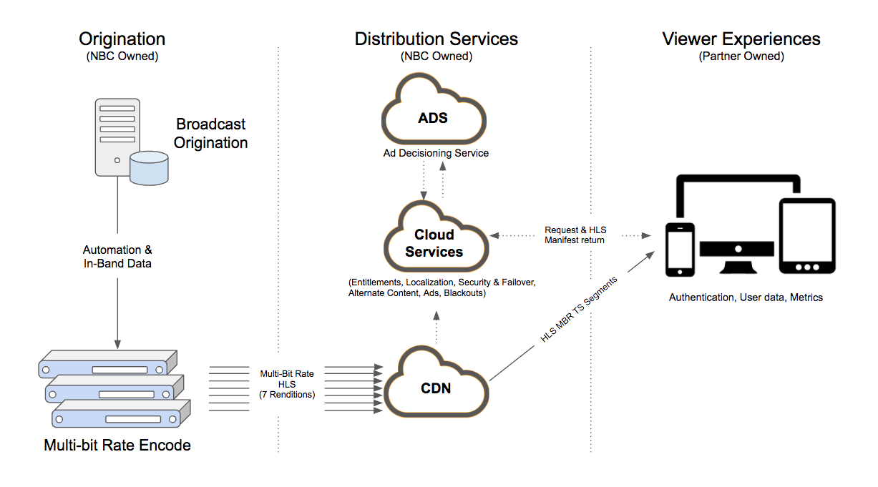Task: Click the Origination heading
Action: pyautogui.click(x=122, y=39)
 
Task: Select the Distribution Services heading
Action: pyautogui.click(x=436, y=39)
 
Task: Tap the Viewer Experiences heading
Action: pyautogui.click(x=741, y=39)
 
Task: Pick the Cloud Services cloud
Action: pyautogui.click(x=434, y=242)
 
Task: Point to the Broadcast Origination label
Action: pyautogui.click(x=210, y=133)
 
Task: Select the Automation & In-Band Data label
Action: pyautogui.click(x=117, y=257)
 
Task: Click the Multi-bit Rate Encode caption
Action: pyautogui.click(x=117, y=446)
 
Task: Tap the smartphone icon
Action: pyautogui.click(x=679, y=248)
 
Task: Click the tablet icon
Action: pyautogui.click(x=806, y=236)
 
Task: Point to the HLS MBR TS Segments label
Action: pyautogui.click(x=579, y=309)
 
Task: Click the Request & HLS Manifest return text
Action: pyautogui.click(x=575, y=235)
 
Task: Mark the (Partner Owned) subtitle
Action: pyautogui.click(x=741, y=56)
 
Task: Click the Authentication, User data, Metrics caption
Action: pyautogui.click(x=746, y=297)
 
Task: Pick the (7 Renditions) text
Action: pyautogui.click(x=286, y=394)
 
